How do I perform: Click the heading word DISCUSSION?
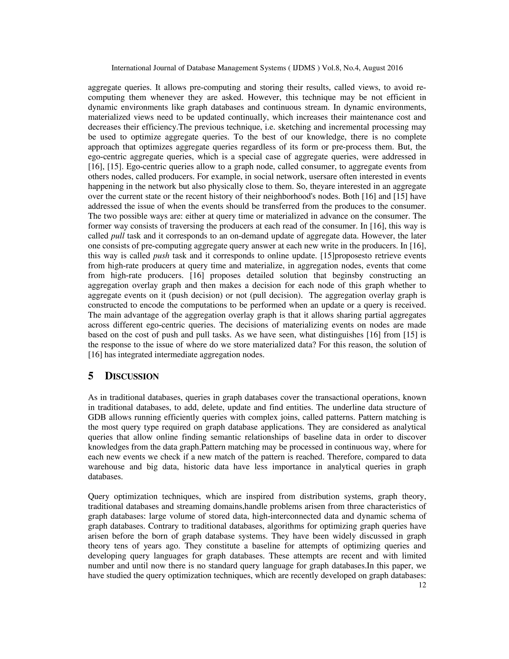click(132, 376)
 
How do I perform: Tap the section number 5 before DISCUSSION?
click(91, 376)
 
